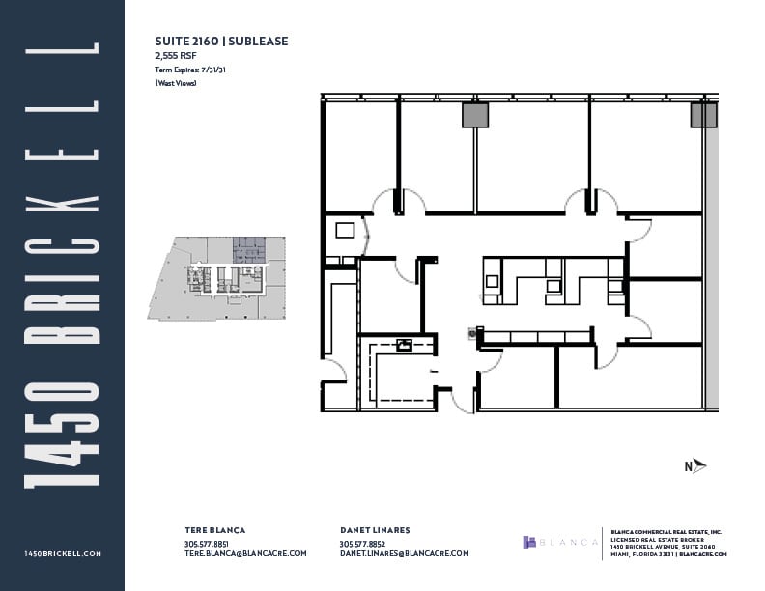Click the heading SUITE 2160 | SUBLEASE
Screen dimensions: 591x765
click(221, 42)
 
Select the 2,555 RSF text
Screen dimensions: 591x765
click(176, 57)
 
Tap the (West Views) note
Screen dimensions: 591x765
click(176, 84)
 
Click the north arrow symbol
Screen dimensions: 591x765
click(695, 466)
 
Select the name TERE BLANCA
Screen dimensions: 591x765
click(215, 530)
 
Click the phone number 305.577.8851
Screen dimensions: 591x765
click(206, 543)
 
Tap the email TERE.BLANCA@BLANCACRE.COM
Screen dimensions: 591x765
click(245, 553)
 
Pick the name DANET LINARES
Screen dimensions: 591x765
click(376, 530)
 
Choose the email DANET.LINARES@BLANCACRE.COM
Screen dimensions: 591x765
click(404, 553)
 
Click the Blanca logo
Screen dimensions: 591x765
click(560, 542)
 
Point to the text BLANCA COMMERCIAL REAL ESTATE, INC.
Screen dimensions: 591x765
click(666, 530)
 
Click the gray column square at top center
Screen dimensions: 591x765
click(475, 116)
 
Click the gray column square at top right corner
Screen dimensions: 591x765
click(703, 116)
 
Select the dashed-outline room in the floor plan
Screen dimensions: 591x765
click(397, 371)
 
